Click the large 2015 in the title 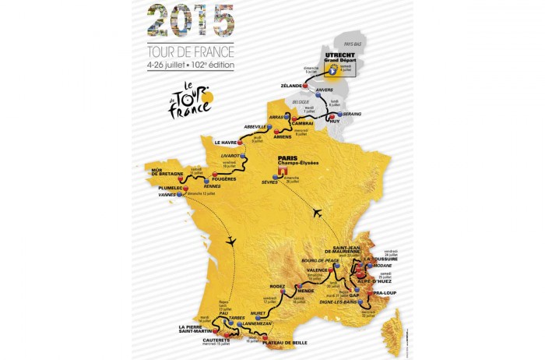click(x=190, y=20)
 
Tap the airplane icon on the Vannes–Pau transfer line click(x=230, y=242)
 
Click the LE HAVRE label click(x=226, y=142)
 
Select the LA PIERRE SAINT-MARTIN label click(x=192, y=330)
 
